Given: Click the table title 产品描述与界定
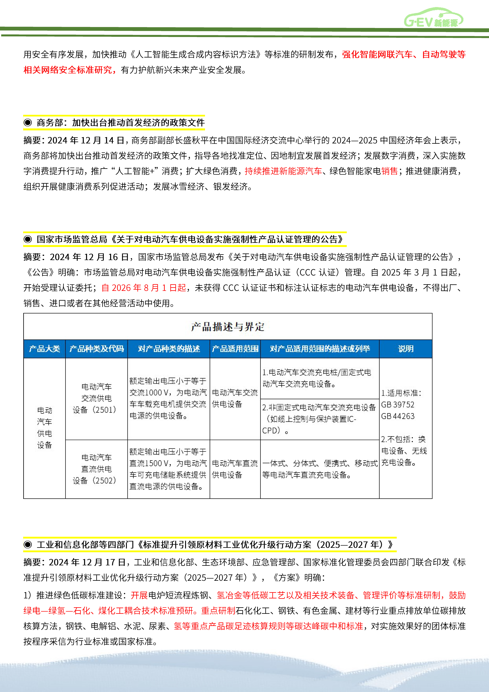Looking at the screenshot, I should pos(228,326).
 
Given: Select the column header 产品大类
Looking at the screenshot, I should pos(45,349).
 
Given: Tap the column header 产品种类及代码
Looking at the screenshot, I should pos(96,349).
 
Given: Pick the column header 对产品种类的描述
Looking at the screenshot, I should pos(169,349).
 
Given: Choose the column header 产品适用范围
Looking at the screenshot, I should pos(235,349).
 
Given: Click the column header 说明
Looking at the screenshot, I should pos(406,349).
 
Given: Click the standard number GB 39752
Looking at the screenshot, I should pos(398,404).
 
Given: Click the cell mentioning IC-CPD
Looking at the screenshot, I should pos(319,419).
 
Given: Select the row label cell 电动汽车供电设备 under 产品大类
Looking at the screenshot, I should pos(45,428).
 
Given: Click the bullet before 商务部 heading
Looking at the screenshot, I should pos(28,122).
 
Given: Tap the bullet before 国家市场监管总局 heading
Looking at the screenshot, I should pos(28,239).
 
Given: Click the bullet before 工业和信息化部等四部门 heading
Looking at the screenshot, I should pos(28,544).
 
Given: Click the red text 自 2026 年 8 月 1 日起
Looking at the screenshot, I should pos(144,288).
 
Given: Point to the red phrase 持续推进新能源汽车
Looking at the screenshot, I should pos(283,171).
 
